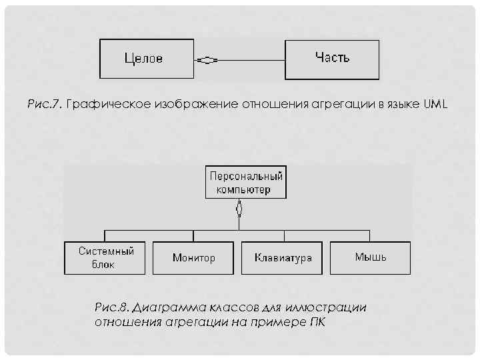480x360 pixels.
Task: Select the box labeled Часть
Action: (x=332, y=59)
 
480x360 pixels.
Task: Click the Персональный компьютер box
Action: (x=246, y=182)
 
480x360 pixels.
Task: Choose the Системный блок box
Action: (x=105, y=257)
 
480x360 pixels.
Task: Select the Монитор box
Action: (x=193, y=257)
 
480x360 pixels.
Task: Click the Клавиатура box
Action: (x=283, y=257)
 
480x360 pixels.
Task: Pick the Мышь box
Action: (x=370, y=257)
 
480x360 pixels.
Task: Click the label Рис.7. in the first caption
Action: (x=44, y=105)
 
